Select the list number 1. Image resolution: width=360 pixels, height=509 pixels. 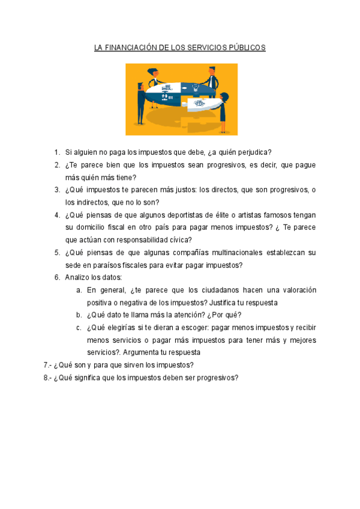(x=56, y=152)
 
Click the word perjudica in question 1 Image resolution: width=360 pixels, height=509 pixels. (x=256, y=152)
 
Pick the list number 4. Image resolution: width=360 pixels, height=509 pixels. (x=56, y=215)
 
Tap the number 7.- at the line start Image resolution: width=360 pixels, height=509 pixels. (x=47, y=365)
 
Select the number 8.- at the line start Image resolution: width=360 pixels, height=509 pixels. (x=47, y=378)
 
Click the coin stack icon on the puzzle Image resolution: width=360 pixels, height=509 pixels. (x=166, y=86)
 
